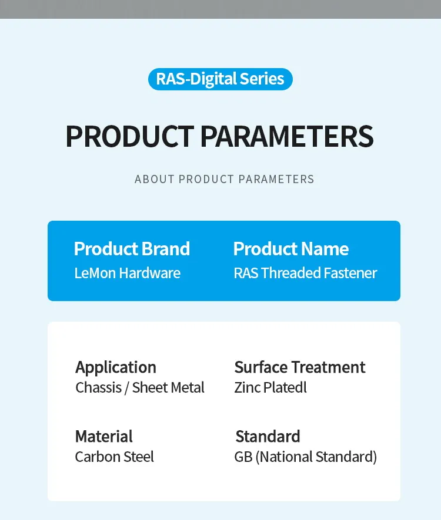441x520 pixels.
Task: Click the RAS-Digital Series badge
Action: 220,79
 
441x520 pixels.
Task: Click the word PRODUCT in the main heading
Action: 129,136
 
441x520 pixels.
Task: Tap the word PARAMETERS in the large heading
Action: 286,136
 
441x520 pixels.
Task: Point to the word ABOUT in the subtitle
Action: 155,179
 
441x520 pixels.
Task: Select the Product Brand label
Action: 132,249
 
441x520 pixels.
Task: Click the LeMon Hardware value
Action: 127,273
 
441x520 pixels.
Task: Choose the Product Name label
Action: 291,249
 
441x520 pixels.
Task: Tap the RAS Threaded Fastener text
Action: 305,273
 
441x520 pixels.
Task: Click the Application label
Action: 116,367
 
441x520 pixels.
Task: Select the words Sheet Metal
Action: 168,387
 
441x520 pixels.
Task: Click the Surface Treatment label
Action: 300,367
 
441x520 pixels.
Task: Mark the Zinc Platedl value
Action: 270,387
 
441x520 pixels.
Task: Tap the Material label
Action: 104,437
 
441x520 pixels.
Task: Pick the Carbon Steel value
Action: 115,457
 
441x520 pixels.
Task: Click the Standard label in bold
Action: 268,437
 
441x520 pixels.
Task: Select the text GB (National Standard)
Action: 306,457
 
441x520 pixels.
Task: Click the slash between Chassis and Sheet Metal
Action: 126,388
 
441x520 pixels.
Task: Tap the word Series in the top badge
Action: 262,79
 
